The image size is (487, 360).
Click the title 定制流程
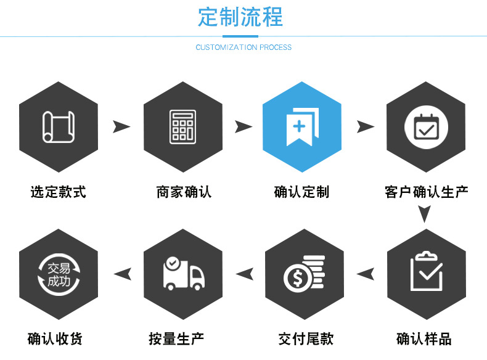tap(240, 17)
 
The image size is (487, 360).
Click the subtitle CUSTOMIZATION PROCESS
tap(243, 47)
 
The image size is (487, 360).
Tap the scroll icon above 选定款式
tap(59, 127)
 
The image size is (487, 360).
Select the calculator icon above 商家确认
tap(182, 127)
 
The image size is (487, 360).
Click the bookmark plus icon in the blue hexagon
tap(302, 127)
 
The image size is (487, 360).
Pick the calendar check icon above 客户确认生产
tap(426, 127)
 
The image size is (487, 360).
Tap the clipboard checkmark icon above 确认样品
tap(426, 272)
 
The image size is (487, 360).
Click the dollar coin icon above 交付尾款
tap(304, 273)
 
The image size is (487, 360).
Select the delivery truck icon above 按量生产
tap(182, 273)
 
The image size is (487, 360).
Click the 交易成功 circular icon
tap(59, 273)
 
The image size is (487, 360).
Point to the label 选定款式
tap(59, 192)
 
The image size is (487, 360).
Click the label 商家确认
tap(183, 192)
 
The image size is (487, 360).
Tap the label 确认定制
tap(301, 192)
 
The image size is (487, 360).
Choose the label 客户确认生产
tap(426, 192)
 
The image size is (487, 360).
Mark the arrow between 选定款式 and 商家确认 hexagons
tap(121, 127)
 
